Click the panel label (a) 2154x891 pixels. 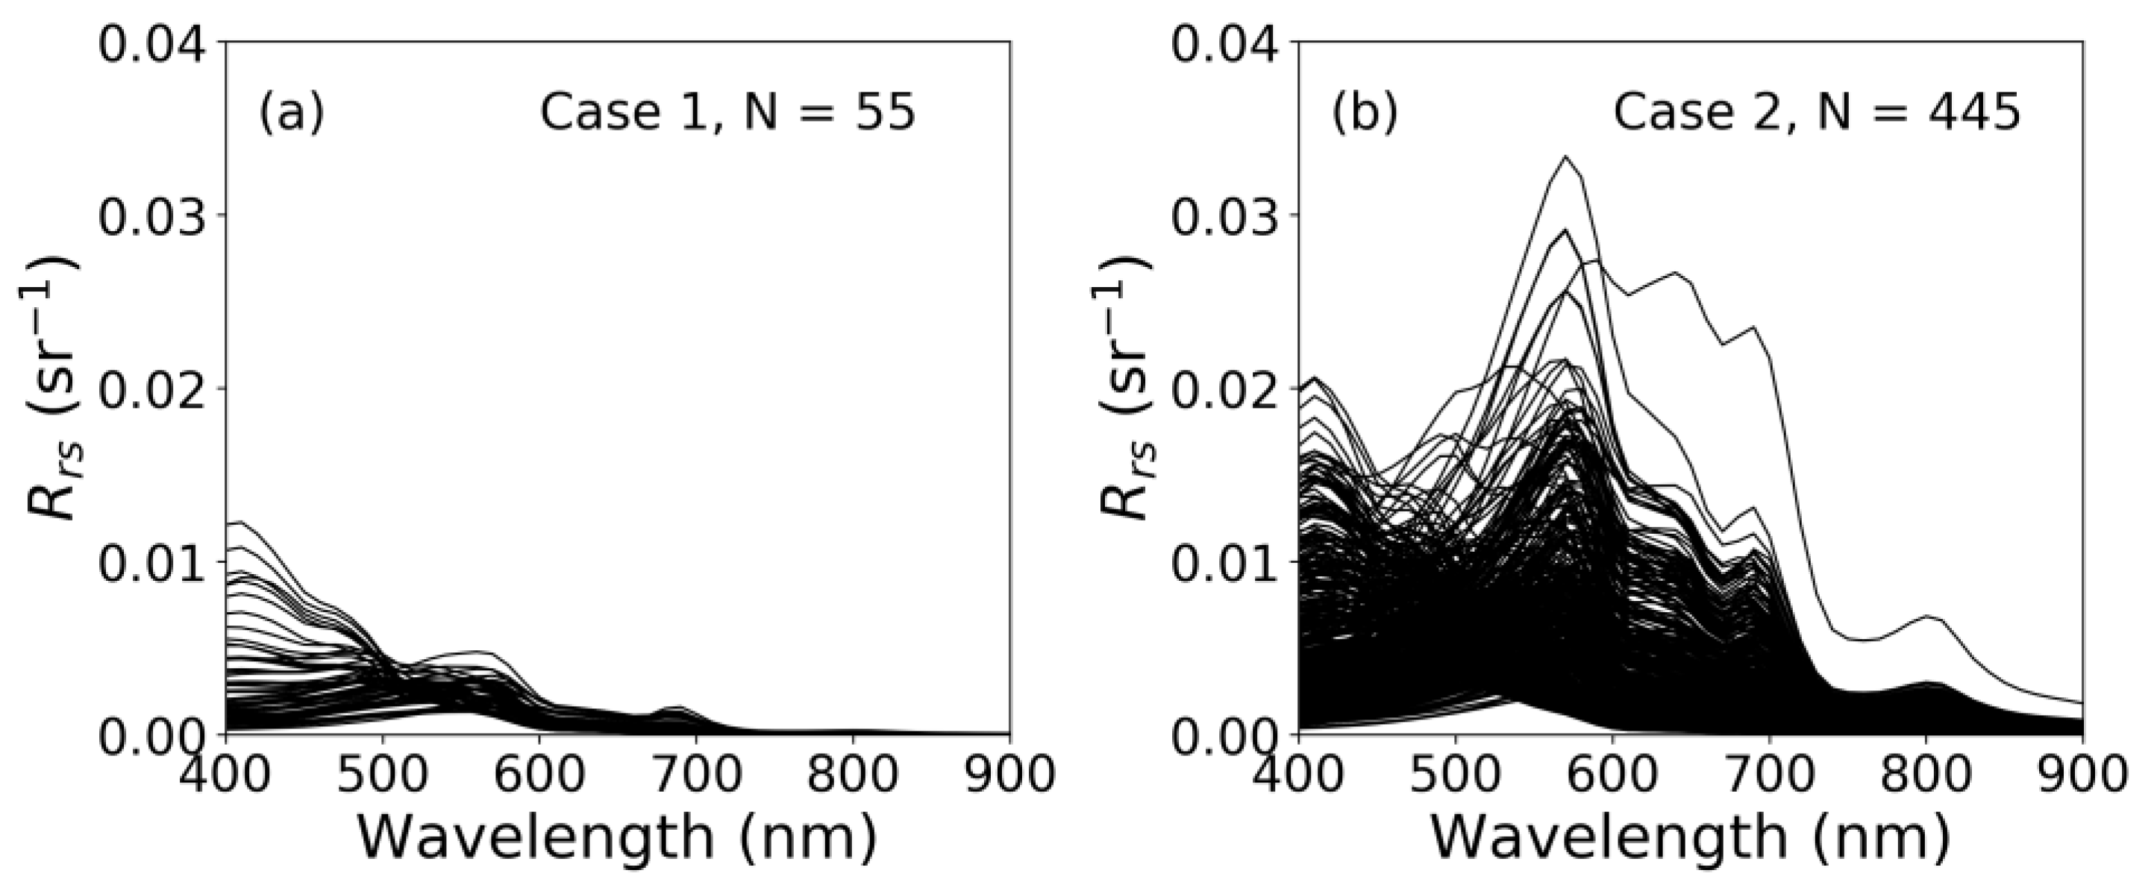pyautogui.click(x=291, y=113)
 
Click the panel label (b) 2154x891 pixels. pyautogui.click(x=1365, y=113)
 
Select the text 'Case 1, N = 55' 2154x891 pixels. pyautogui.click(x=727, y=112)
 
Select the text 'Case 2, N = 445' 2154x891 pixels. pyautogui.click(x=1816, y=112)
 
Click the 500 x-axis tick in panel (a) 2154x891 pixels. pyautogui.click(x=383, y=774)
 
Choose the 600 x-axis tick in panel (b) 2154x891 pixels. pyautogui.click(x=1612, y=774)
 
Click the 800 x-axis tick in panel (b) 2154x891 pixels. pyautogui.click(x=1926, y=774)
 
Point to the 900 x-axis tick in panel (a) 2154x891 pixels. pyautogui.click(x=1009, y=774)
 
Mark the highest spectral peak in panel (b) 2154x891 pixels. pyautogui.click(x=1565, y=157)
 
